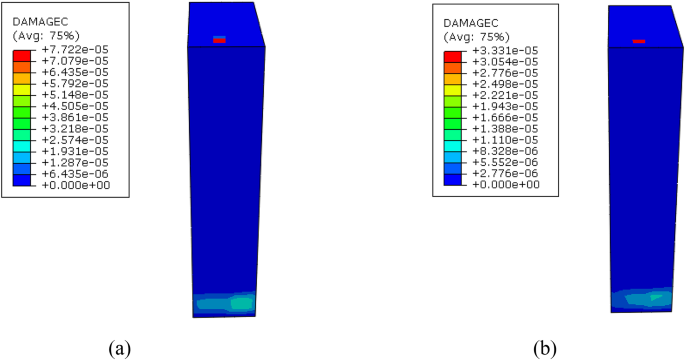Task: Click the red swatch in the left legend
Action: coord(20,56)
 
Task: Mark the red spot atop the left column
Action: coord(219,40)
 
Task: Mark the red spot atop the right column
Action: coord(639,41)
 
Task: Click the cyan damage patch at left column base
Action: coord(240,301)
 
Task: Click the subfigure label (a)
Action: coord(119,347)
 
